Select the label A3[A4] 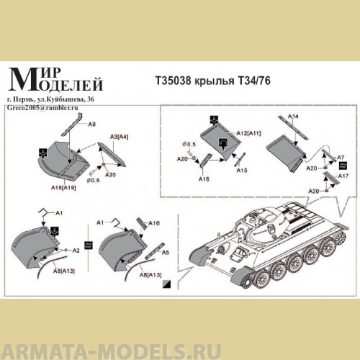[119, 136]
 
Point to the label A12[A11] [248, 134]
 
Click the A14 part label [293, 115]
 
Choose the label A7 [341, 157]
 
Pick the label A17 [343, 176]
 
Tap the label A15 [241, 171]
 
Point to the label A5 [165, 253]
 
